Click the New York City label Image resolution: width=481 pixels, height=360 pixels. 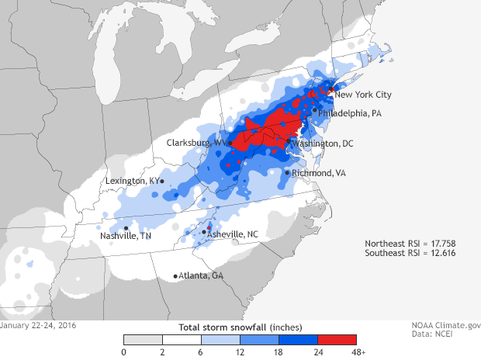pos(363,95)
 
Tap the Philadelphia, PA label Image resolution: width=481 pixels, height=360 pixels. pos(350,112)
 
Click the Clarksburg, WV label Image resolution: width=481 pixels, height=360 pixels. pos(196,143)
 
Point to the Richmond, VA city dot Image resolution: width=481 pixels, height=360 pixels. pos(287,173)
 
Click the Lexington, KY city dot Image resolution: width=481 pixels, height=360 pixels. pos(161,182)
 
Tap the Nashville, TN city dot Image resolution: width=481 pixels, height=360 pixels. pos(126,228)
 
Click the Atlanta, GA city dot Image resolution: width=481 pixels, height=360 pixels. pos(175,276)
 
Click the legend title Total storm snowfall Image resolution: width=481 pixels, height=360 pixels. pos(240,327)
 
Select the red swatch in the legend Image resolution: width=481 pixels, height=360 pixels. pos(337,339)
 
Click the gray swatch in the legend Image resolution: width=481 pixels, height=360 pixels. pos(143,339)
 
